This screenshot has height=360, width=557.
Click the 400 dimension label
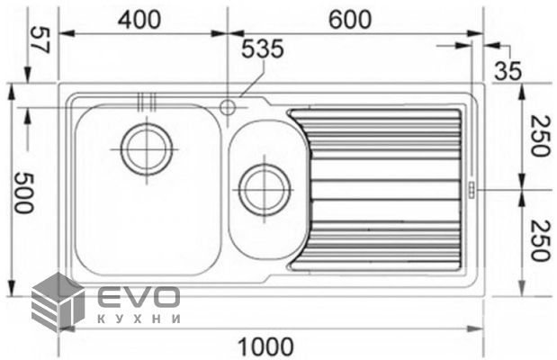pos(139,20)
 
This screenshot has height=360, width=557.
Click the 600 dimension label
pos(350,20)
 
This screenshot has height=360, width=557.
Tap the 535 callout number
pos(263,49)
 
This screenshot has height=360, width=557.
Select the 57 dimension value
pos(40,40)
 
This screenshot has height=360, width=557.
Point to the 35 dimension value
pos(508,71)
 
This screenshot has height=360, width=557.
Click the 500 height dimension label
pos(23,193)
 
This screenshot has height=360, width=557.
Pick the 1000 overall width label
pos(265,346)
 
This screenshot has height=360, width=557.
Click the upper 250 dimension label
pos(541,136)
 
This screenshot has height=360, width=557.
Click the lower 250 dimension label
pos(541,240)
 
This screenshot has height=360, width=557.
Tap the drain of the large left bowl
pos(147,148)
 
